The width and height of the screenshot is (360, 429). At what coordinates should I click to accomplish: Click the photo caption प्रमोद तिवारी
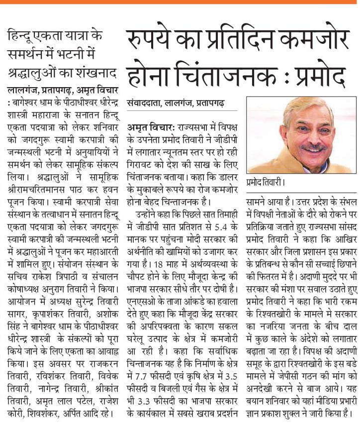coord(266,182)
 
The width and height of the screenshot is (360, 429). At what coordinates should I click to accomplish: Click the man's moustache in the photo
coord(314,148)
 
